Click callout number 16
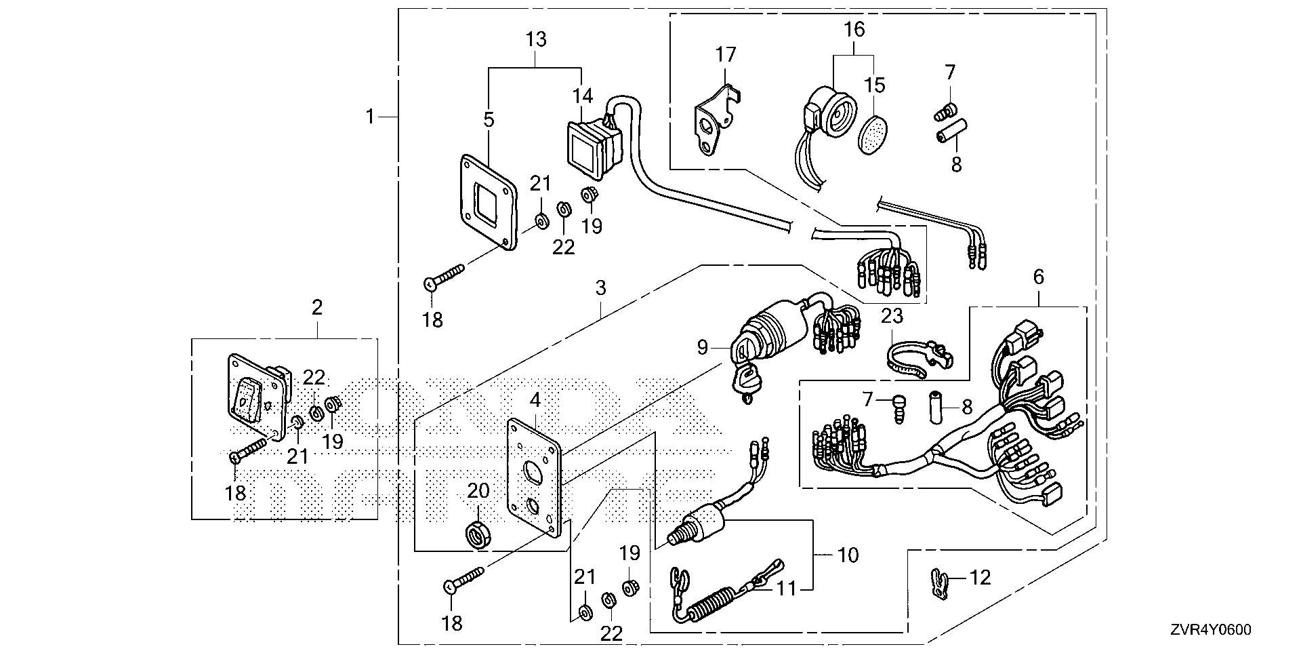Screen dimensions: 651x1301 (854, 29)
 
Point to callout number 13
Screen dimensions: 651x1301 (535, 39)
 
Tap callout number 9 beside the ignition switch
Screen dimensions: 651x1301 (702, 347)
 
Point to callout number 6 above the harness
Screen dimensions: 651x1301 (1039, 277)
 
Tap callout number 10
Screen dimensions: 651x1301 (848, 555)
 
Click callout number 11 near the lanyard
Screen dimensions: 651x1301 (786, 589)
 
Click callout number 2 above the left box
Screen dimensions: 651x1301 (316, 307)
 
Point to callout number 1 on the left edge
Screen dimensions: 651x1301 (370, 117)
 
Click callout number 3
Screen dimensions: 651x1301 (600, 288)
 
